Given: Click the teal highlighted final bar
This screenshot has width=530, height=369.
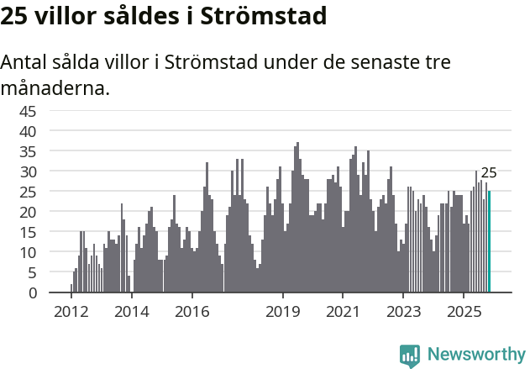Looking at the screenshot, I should [489, 242].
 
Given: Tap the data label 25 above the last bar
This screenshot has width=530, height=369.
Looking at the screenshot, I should [489, 173].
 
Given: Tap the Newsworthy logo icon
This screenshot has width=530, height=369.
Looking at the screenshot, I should [410, 356].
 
